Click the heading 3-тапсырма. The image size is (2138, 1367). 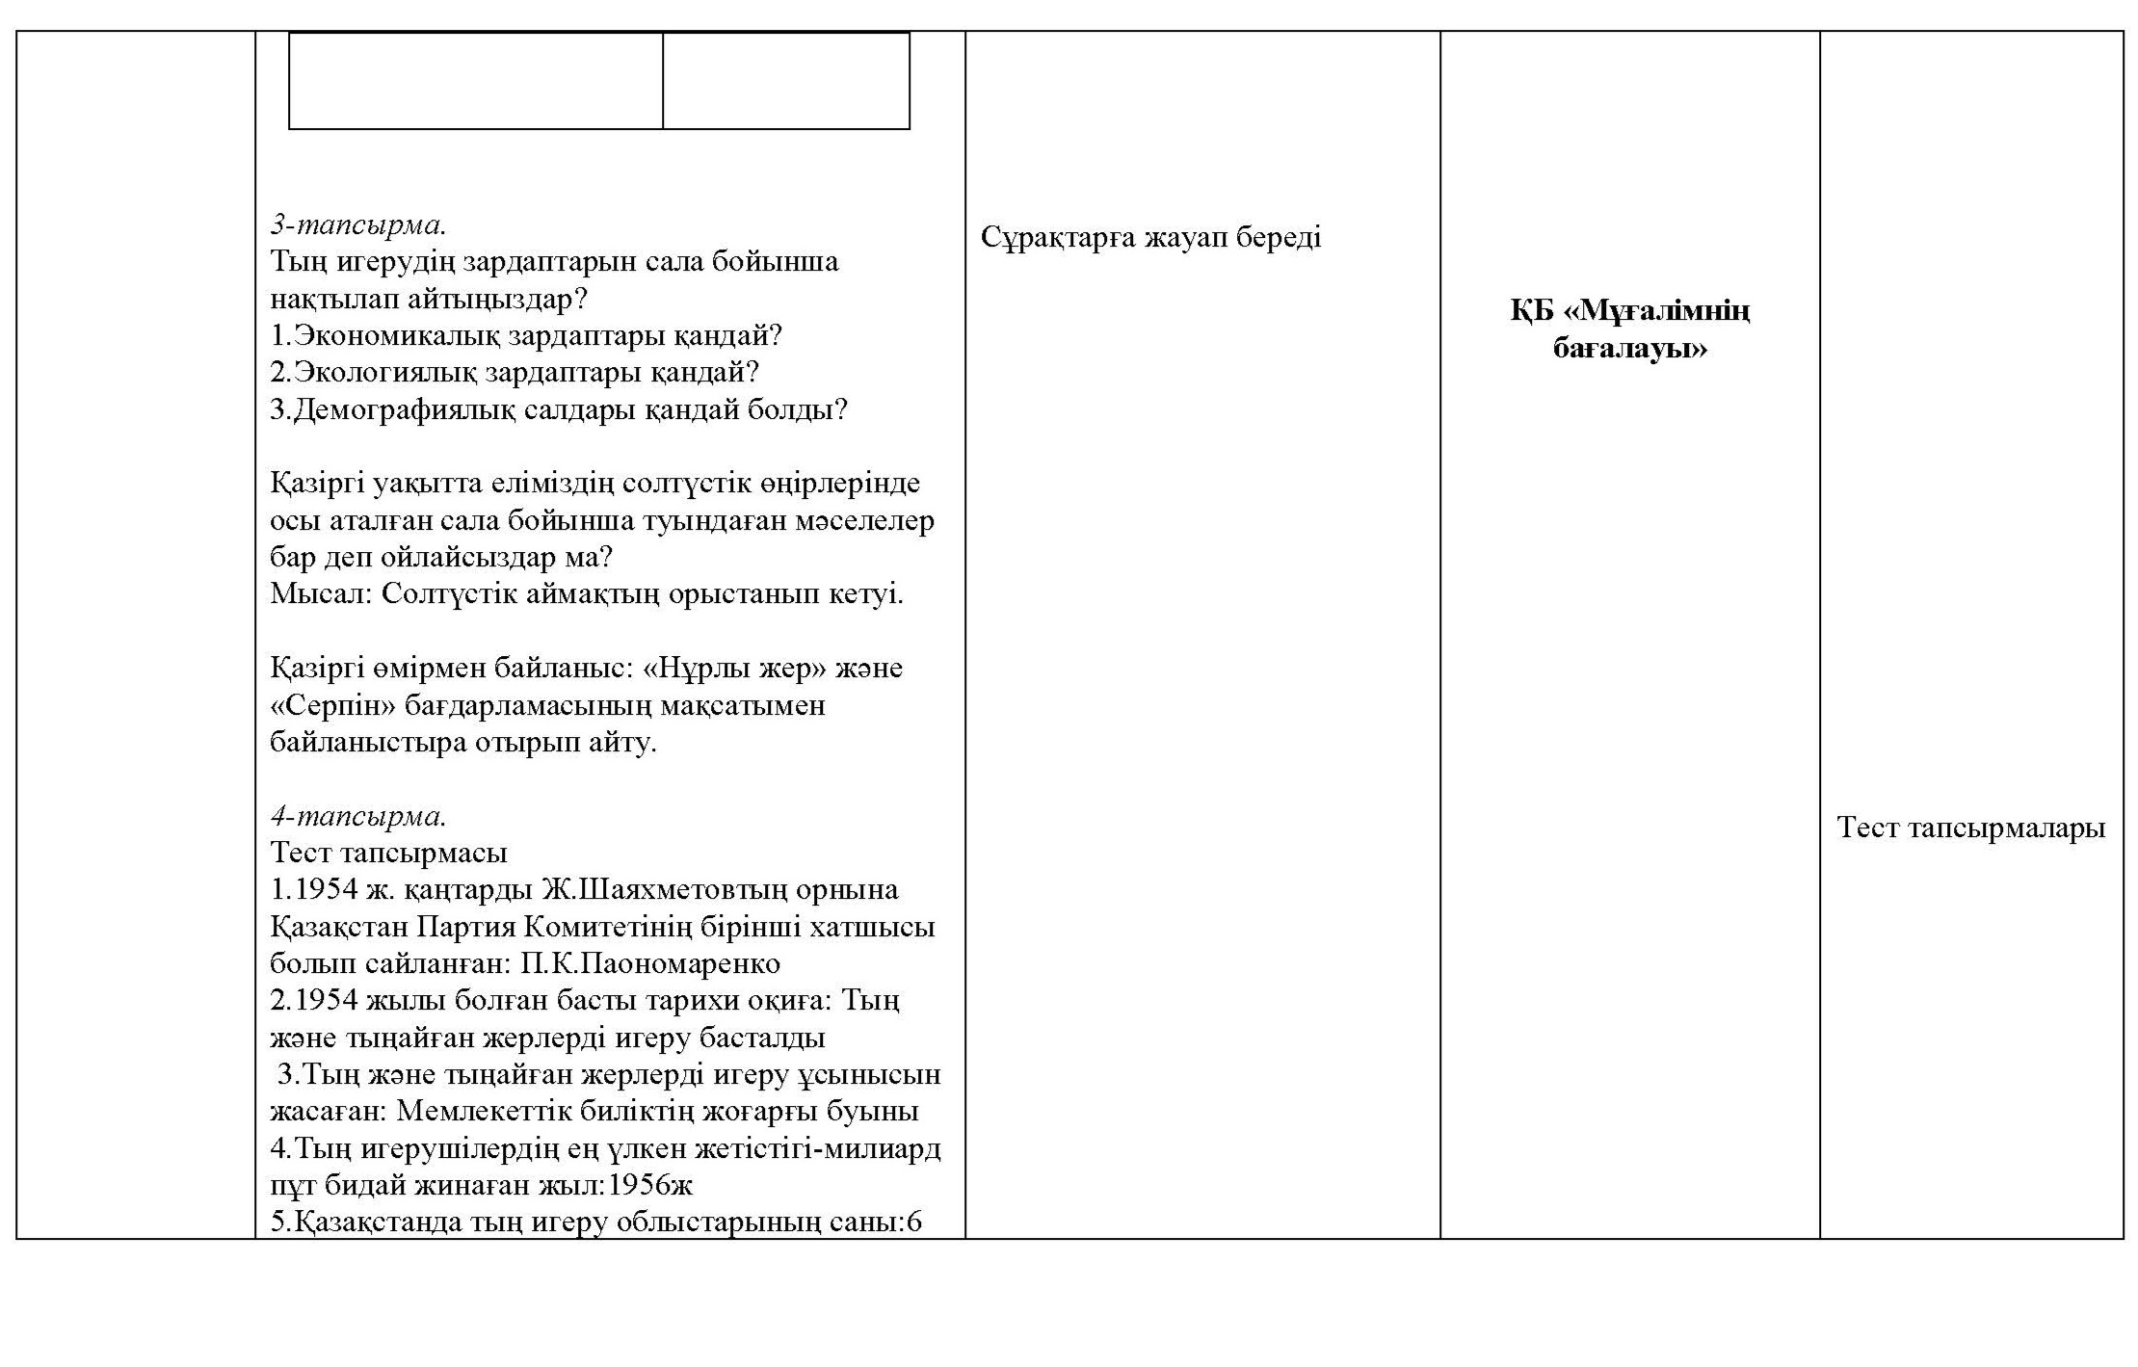point(357,225)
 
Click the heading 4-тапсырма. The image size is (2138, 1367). point(357,816)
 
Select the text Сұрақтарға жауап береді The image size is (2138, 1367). point(1150,237)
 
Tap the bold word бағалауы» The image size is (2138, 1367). point(1629,348)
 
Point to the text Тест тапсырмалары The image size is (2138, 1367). point(1970,828)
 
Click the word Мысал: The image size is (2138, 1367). point(320,593)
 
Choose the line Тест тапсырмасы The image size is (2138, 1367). point(388,854)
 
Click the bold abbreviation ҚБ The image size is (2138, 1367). point(1532,311)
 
